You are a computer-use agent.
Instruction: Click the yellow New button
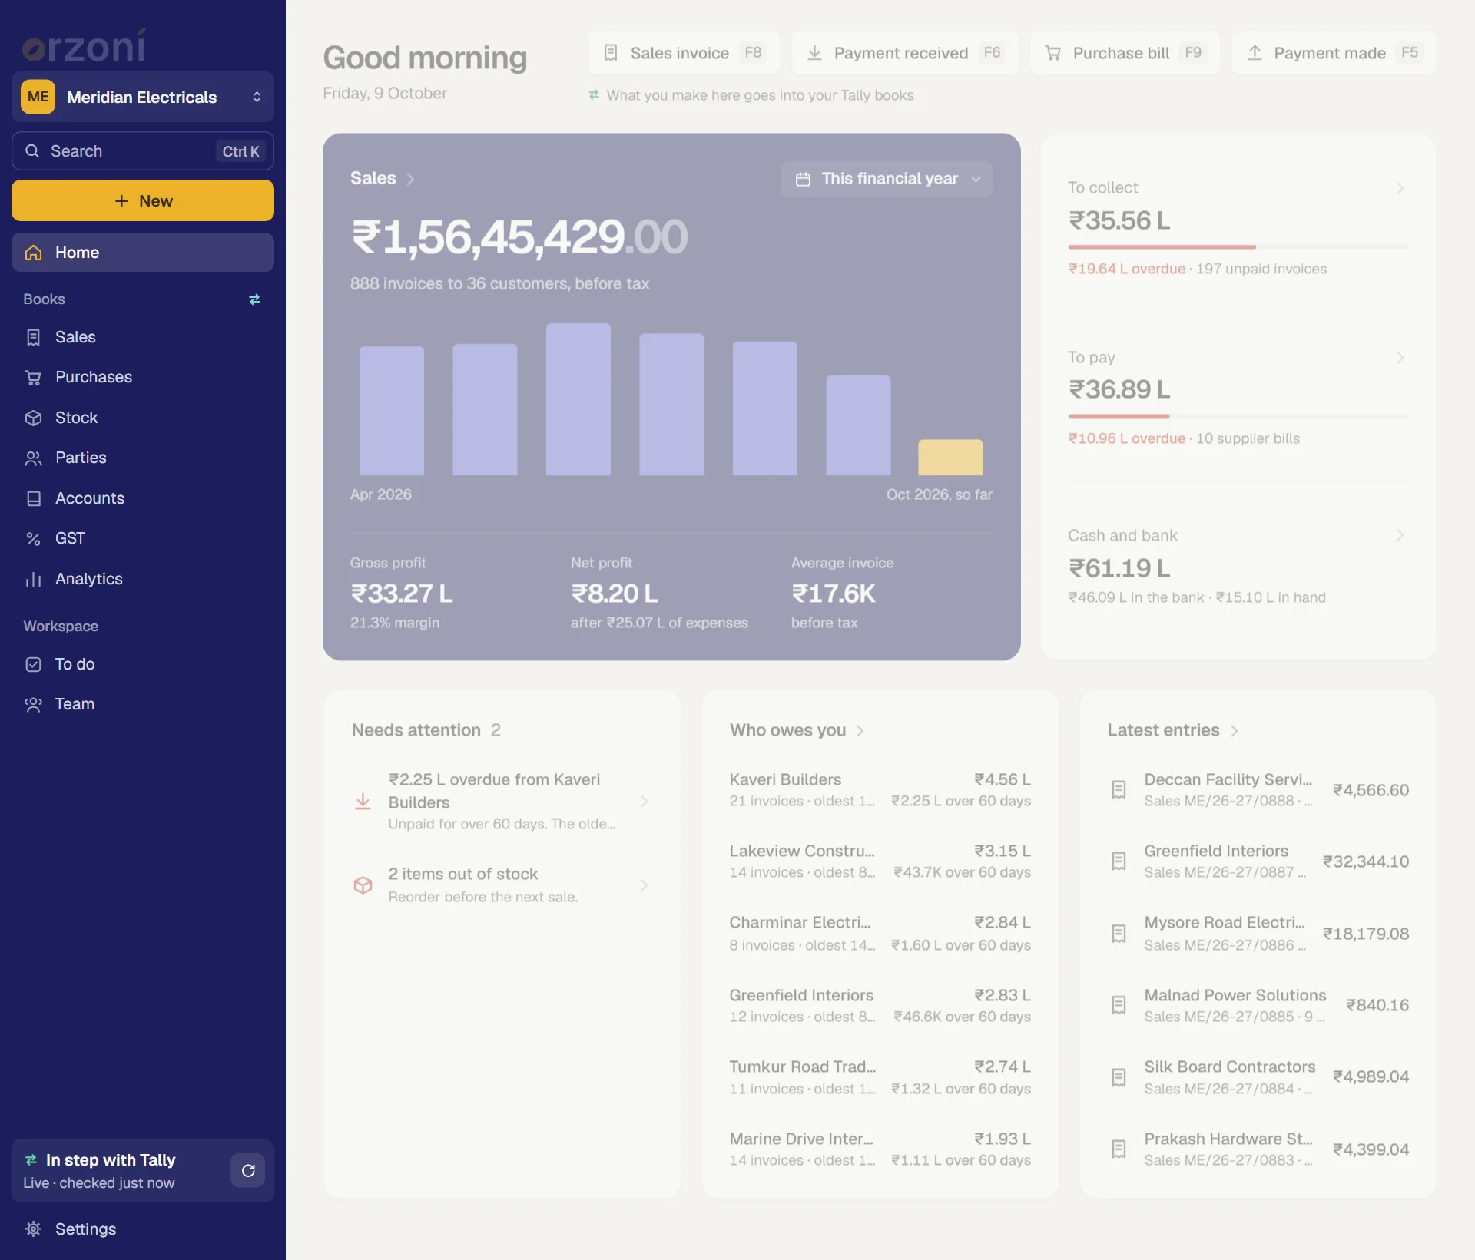[143, 200]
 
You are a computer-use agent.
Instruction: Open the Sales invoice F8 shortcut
[684, 53]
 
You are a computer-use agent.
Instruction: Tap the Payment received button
[905, 53]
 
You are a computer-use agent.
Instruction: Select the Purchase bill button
[1125, 53]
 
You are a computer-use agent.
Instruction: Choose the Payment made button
[1334, 53]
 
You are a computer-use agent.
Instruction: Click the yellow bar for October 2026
[950, 458]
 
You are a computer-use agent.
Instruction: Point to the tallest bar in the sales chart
[578, 399]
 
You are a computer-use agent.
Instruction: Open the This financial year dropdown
[887, 179]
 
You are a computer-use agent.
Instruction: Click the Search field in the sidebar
[143, 151]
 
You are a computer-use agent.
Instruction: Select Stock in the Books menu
[76, 418]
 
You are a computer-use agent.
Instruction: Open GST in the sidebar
[70, 538]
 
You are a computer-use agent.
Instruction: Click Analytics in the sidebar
[88, 579]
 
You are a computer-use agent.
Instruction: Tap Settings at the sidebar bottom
[85, 1229]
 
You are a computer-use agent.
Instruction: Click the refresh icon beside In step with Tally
[248, 1171]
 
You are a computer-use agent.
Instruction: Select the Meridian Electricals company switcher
[143, 97]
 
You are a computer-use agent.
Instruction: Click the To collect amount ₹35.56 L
[1119, 221]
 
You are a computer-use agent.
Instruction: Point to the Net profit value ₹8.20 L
[615, 594]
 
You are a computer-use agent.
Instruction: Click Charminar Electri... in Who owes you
[800, 922]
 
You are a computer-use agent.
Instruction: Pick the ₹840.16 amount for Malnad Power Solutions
[1377, 1005]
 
